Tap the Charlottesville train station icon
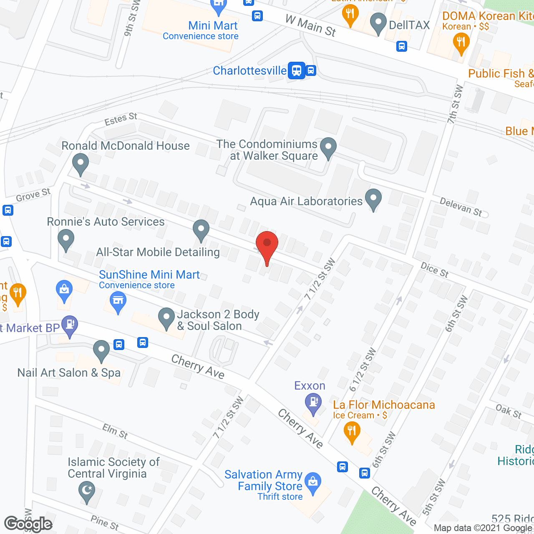tap(296, 71)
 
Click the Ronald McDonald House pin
tap(80, 163)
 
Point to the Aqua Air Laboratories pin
tap(373, 199)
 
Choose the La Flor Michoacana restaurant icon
tap(352, 431)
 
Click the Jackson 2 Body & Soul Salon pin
tap(166, 318)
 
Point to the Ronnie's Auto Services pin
tap(65, 240)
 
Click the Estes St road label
tap(121, 119)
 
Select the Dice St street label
tap(434, 270)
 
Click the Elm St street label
tap(115, 431)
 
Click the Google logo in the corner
tap(28, 524)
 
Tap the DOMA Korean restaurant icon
tap(461, 43)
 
